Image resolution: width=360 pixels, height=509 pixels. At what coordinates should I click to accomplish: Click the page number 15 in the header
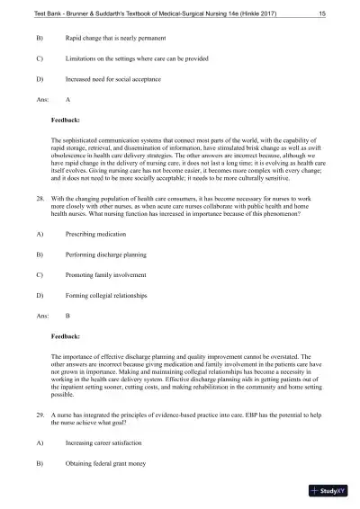pos(321,13)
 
